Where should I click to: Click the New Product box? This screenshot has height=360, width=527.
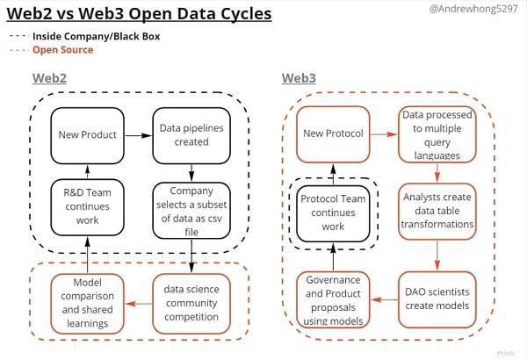coord(87,135)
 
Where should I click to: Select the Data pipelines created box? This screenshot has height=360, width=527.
coord(191,135)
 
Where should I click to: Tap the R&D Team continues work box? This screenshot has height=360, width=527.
coord(87,207)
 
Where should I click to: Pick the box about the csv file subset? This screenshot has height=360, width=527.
coord(191,211)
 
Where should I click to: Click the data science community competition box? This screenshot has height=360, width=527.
coord(191,304)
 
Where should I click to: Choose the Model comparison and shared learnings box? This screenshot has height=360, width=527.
coord(87,304)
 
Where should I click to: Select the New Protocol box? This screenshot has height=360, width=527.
coord(333,134)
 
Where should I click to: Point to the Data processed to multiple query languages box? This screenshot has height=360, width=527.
coord(437,134)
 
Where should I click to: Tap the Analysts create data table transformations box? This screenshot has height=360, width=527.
coord(437,211)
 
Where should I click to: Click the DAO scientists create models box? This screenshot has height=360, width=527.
coord(437,299)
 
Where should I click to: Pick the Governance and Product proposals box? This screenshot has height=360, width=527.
coord(333,299)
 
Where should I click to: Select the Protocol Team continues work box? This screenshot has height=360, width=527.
coord(333,213)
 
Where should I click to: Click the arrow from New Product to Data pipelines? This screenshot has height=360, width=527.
coord(139,135)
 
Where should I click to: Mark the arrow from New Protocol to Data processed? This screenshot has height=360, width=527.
coord(384,134)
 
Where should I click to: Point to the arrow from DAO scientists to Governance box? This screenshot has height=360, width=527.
coord(384,299)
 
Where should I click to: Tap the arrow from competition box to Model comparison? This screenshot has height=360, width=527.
coord(139,304)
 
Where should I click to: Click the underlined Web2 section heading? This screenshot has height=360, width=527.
coord(49,78)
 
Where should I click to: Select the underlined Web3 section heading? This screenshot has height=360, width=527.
coord(299,78)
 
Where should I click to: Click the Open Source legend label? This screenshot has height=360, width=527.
coord(63,50)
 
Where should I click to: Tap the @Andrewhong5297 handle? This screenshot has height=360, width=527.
coord(474,9)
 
